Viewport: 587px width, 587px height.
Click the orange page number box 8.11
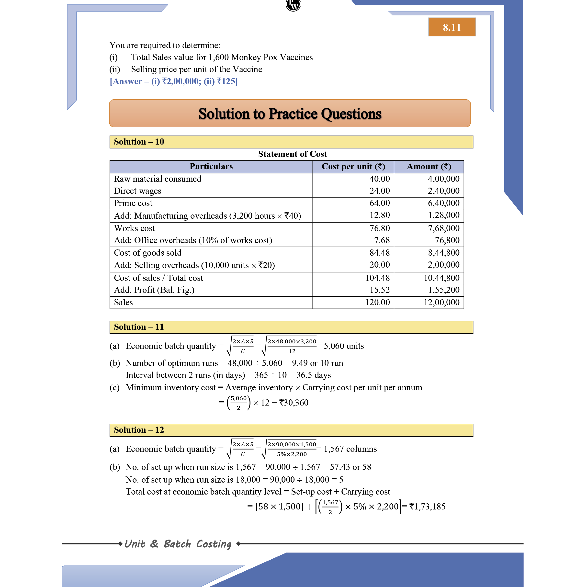click(452, 27)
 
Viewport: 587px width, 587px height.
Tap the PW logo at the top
click(293, 5)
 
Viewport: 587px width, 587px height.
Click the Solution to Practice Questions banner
click(290, 113)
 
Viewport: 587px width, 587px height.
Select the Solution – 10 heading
click(139, 142)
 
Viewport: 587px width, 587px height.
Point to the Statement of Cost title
click(292, 154)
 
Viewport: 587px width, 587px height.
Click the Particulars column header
click(211, 167)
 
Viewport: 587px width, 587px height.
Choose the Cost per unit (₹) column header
click(353, 167)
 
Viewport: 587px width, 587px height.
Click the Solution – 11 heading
click(139, 327)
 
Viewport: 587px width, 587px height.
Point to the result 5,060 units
click(344, 346)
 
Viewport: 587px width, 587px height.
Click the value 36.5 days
click(313, 375)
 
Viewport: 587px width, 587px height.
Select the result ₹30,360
click(294, 403)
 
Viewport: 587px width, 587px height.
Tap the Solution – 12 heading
click(139, 430)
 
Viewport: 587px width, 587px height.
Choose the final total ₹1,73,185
click(427, 507)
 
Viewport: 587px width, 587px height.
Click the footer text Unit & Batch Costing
click(178, 544)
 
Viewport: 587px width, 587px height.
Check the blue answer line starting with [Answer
click(173, 81)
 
